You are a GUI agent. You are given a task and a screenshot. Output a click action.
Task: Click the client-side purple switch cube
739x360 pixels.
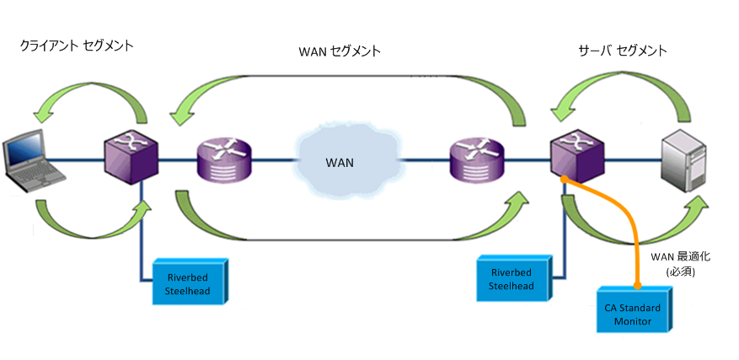[x=131, y=158]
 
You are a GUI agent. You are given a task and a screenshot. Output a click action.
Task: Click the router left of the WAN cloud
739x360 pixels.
[x=224, y=159]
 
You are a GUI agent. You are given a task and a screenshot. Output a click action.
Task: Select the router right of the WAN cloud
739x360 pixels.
[x=477, y=159]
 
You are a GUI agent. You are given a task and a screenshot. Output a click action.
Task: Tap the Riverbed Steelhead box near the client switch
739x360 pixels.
[x=189, y=281]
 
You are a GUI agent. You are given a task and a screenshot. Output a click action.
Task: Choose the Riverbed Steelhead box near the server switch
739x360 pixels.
[x=511, y=279]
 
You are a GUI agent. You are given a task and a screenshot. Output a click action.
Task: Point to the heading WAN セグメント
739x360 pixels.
[x=340, y=51]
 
